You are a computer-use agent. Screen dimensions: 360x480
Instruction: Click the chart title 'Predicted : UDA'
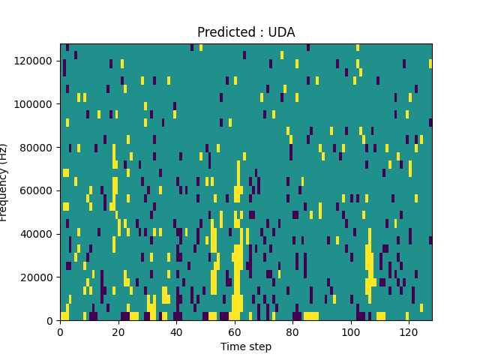click(246, 32)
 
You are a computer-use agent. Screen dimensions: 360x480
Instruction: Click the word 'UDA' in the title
click(281, 32)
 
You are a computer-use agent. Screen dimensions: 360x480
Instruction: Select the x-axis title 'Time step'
click(246, 346)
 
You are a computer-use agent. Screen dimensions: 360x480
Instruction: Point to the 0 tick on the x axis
click(60, 331)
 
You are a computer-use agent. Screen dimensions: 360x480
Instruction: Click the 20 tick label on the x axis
click(118, 331)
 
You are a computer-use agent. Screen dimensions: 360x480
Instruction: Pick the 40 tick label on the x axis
click(176, 331)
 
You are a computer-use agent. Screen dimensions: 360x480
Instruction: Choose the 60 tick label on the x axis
click(234, 331)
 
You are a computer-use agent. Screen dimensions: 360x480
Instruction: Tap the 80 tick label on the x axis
click(292, 331)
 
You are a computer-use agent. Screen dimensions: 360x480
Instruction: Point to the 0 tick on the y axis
click(52, 320)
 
